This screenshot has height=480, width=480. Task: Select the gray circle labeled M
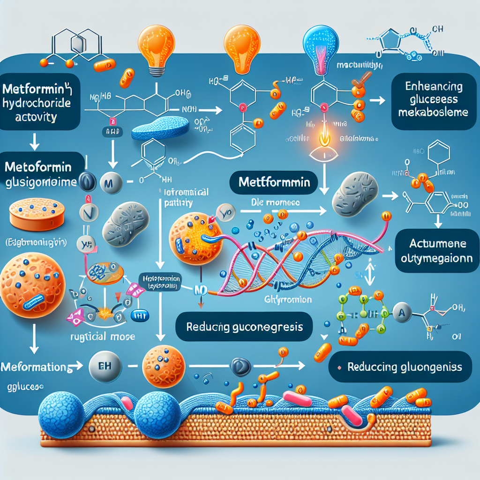pos(107,181)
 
